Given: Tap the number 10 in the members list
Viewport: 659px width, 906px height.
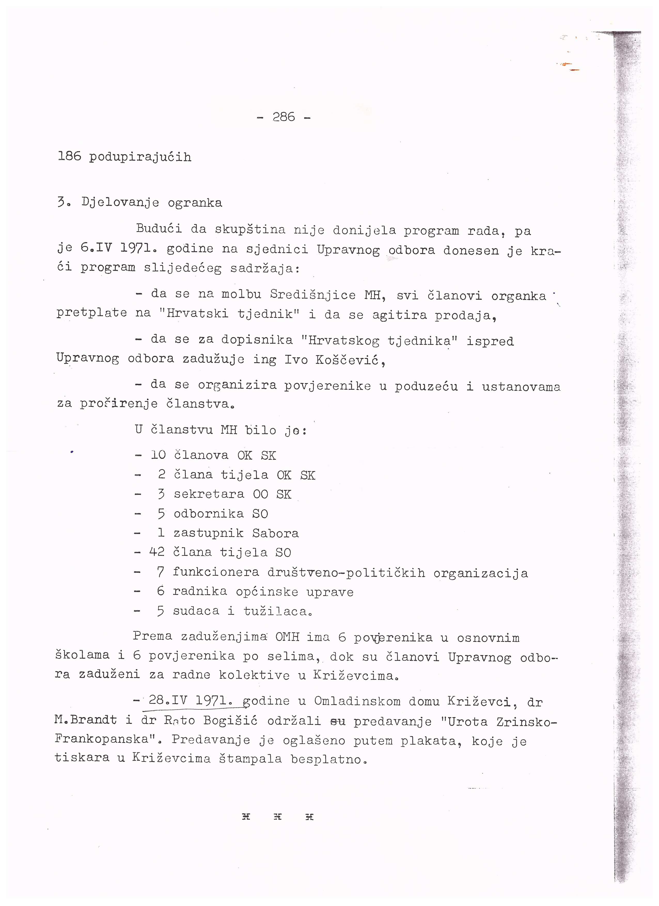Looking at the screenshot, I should coord(159,455).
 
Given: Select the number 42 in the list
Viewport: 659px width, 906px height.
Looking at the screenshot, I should coord(157,552).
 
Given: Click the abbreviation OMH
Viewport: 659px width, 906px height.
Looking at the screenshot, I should coord(287,637).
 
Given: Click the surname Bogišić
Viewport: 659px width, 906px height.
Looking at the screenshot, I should coord(230,721).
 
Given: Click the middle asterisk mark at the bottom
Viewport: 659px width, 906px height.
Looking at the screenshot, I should coord(278,817).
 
